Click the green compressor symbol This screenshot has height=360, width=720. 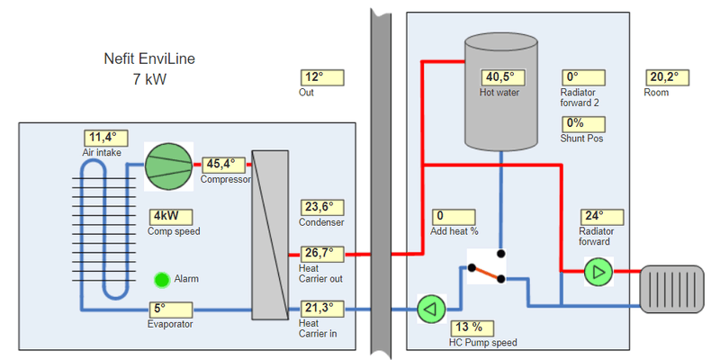click(x=170, y=166)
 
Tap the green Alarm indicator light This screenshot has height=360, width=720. click(x=162, y=280)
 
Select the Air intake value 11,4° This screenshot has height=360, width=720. click(x=106, y=138)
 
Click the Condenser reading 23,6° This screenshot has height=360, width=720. click(x=321, y=208)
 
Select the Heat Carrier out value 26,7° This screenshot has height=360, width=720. click(x=321, y=253)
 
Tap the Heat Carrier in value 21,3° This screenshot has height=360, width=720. click(x=321, y=308)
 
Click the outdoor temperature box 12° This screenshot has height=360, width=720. click(x=321, y=77)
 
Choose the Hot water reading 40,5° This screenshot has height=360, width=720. click(x=499, y=77)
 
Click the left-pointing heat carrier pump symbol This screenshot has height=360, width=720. click(x=432, y=309)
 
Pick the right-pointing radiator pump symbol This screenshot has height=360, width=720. click(x=598, y=271)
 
